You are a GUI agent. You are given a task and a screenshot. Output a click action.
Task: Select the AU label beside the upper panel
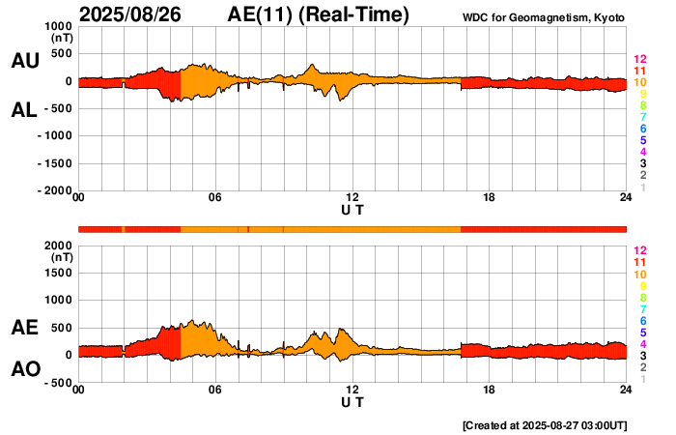(24, 61)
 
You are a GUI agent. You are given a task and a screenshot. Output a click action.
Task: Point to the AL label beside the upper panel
(24, 110)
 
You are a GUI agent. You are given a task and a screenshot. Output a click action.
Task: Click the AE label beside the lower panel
(24, 329)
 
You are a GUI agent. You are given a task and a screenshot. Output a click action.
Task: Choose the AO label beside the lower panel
(24, 369)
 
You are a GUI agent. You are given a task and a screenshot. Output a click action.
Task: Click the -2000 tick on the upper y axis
(55, 190)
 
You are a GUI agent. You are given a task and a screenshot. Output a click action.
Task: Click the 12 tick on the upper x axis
(352, 198)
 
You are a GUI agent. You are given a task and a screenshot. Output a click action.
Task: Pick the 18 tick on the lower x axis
(490, 390)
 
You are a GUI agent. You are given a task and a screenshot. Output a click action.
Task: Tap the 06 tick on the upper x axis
(215, 198)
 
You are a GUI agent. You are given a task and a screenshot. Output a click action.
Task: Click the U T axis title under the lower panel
(352, 402)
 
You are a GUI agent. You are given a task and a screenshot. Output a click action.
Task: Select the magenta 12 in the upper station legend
(639, 59)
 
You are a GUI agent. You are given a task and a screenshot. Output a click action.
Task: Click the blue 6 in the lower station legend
(642, 320)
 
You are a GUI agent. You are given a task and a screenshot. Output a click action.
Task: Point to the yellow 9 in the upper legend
(642, 94)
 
